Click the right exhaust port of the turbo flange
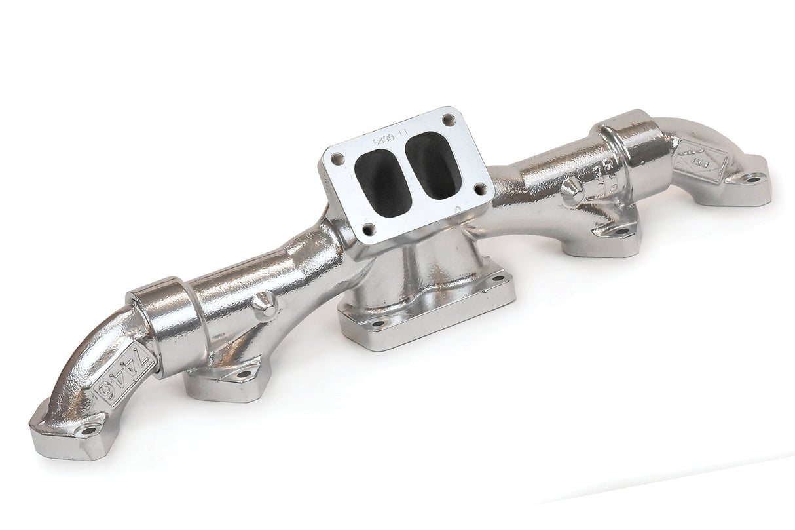pos(432,165)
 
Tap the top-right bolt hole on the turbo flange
pos(448,120)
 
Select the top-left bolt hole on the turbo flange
pos(337,159)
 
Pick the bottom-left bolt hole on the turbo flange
pos(369,229)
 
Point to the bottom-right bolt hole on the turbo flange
pos(480,189)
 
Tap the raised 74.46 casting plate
pos(124,373)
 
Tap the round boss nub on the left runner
pos(265,305)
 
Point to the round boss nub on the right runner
pos(572,190)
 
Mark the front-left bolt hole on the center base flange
pos(377,323)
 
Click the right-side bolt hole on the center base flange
pos(499,278)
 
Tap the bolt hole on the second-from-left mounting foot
pos(244,374)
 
